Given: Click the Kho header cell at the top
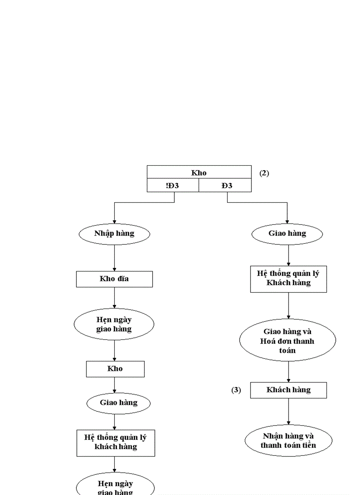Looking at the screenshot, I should pyautogui.click(x=199, y=172).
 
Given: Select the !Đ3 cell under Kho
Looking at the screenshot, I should pyautogui.click(x=172, y=186).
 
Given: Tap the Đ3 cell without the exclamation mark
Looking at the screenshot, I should pyautogui.click(x=225, y=186).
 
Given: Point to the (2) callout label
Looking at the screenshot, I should pyautogui.click(x=264, y=173).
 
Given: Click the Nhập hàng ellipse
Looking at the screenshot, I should pyautogui.click(x=114, y=234).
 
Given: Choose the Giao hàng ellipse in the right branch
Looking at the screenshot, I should pyautogui.click(x=287, y=234).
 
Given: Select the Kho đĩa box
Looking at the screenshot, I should pyautogui.click(x=114, y=279).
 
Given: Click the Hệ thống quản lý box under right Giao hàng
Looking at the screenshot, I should pyautogui.click(x=289, y=278).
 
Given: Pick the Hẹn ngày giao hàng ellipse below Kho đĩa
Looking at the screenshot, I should pyautogui.click(x=114, y=324).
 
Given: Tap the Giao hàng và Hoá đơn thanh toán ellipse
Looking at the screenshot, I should pyautogui.click(x=288, y=340).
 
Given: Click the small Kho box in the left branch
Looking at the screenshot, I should pyautogui.click(x=115, y=369).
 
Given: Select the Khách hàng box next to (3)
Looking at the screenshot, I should pyautogui.click(x=289, y=390).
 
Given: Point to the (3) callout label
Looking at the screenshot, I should pyautogui.click(x=236, y=390).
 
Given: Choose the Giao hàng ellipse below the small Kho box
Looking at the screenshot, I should pyautogui.click(x=118, y=402).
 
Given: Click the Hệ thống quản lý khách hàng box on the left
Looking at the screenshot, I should pyautogui.click(x=116, y=443).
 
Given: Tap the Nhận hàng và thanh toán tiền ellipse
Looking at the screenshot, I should pyautogui.click(x=289, y=441).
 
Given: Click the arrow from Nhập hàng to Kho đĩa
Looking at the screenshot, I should pyautogui.click(x=114, y=258).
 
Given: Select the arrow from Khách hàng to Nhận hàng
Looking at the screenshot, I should pyautogui.click(x=289, y=412).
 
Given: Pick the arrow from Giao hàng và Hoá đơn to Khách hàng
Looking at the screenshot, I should pyautogui.click(x=289, y=372).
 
